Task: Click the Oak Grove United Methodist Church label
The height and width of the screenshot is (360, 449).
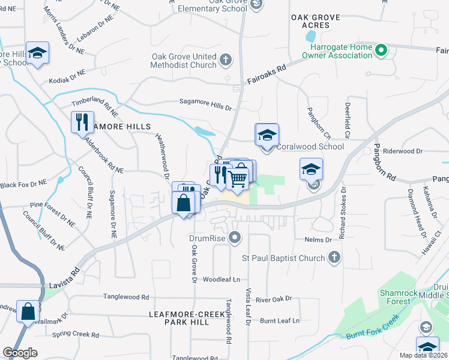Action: (x=184, y=61)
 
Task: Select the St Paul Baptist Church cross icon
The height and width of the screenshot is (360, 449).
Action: (x=335, y=258)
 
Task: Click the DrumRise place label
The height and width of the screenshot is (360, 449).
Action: (x=206, y=239)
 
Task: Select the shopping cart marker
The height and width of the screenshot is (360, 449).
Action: (x=238, y=177)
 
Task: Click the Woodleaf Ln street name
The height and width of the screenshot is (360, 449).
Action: (x=221, y=280)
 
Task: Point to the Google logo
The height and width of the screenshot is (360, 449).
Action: (x=20, y=353)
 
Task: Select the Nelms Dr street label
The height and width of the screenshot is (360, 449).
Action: (x=318, y=239)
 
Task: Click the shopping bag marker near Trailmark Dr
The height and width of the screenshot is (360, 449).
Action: (x=28, y=312)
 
